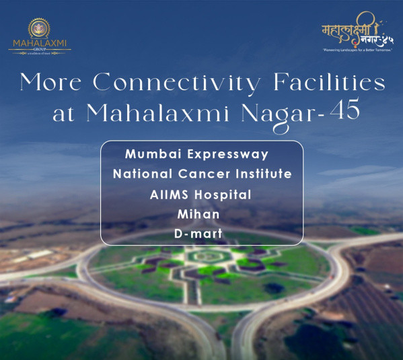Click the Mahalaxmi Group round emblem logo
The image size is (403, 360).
tap(40, 30)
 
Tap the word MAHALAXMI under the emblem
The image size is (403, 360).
tap(39, 45)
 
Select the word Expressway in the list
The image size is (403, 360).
tap(225, 154)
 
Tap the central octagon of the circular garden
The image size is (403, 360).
tap(201, 257)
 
